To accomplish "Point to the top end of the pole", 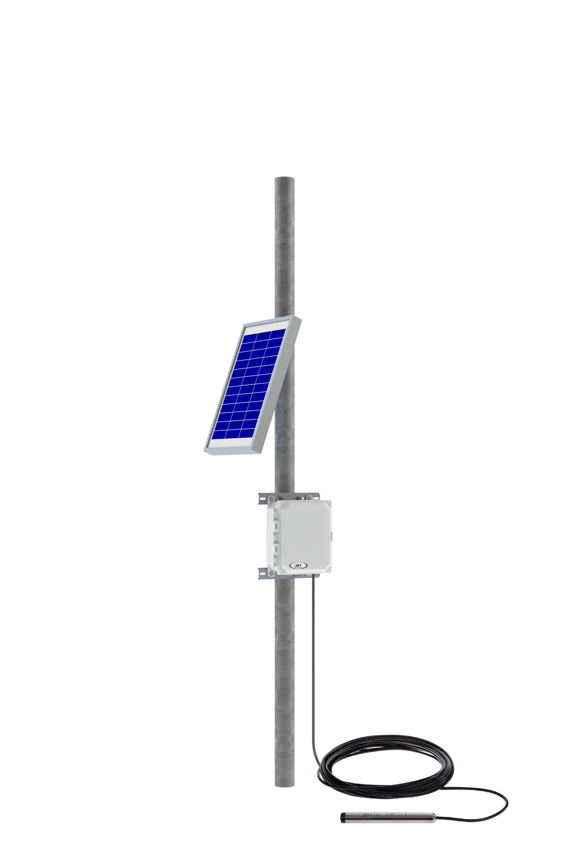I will pos(284,179).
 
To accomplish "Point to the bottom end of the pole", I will pos(284,784).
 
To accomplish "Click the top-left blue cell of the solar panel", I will pos(250,338).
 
